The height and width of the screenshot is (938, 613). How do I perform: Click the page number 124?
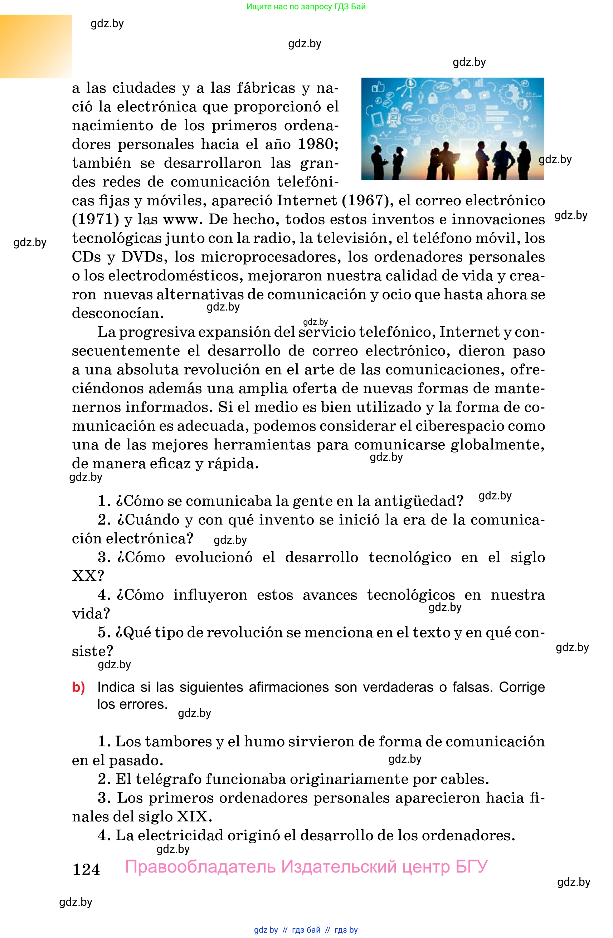tap(86, 869)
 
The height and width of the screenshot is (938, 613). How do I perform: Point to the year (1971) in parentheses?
tap(96, 220)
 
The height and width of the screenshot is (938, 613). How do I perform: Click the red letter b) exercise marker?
tap(78, 687)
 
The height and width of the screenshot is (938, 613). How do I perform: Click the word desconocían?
tap(117, 313)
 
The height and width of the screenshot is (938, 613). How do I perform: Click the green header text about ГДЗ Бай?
tap(306, 7)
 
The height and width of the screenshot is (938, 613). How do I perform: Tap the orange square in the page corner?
tap(36, 46)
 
